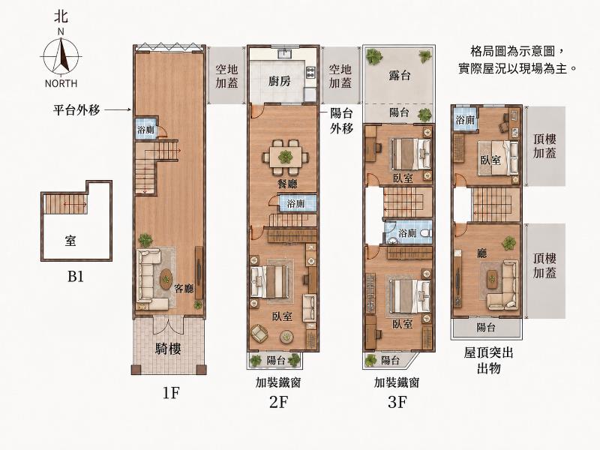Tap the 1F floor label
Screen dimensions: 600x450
click(171, 392)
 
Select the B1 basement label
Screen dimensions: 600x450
click(76, 276)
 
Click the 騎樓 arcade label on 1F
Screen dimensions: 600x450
click(168, 349)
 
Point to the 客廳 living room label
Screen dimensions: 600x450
click(184, 289)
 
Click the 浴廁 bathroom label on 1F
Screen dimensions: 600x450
click(145, 130)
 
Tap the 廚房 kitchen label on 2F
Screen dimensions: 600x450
click(279, 81)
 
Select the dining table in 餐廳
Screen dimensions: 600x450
click(286, 157)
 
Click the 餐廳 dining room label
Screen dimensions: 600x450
click(287, 184)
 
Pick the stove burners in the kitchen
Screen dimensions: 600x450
click(310, 71)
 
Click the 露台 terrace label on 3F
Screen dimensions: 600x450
click(399, 76)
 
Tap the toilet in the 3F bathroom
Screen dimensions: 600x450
click(426, 232)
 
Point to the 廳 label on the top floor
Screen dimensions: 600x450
click(481, 253)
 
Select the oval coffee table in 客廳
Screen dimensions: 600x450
click(166, 279)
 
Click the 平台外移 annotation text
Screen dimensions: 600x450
click(76, 110)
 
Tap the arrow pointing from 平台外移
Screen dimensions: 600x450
click(118, 110)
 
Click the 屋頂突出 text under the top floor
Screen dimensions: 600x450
click(489, 352)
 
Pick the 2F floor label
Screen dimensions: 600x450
click(278, 402)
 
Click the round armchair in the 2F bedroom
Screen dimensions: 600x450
click(259, 333)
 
